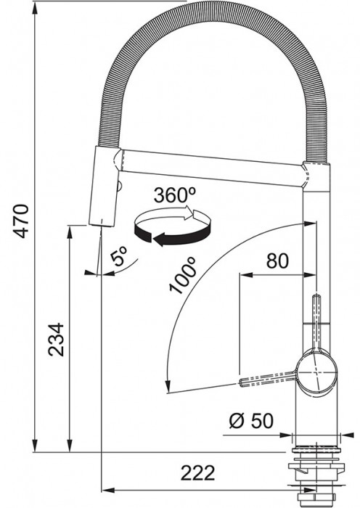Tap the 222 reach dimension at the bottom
(198, 473)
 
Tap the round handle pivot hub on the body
(315, 372)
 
